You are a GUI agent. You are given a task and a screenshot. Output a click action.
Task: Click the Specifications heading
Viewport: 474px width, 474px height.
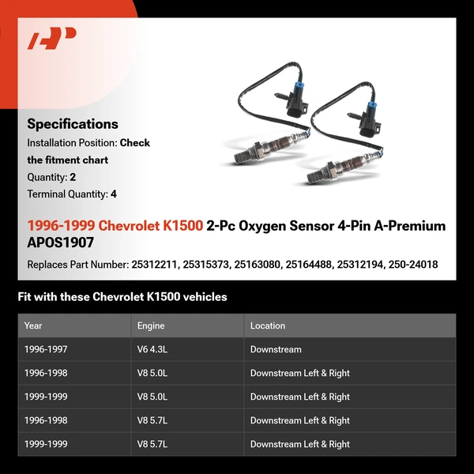(73, 124)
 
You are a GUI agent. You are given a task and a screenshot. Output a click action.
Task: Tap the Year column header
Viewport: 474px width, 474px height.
(33, 325)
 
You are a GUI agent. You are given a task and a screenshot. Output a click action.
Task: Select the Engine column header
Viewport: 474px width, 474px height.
(151, 325)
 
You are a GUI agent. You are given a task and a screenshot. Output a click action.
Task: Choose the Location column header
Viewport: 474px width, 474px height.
(268, 325)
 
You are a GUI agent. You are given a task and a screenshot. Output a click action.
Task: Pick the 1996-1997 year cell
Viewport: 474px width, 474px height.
(46, 349)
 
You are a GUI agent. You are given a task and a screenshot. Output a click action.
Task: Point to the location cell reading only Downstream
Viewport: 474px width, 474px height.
(276, 349)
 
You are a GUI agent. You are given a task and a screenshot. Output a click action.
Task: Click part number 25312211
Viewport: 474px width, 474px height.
(154, 265)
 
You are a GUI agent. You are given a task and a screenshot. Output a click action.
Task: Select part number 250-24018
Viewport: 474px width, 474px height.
(412, 265)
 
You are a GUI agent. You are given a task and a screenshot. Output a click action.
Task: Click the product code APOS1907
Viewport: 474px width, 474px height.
(60, 243)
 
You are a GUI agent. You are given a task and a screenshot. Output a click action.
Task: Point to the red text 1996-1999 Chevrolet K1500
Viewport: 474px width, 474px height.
(115, 226)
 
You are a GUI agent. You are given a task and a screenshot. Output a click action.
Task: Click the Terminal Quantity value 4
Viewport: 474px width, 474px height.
(114, 194)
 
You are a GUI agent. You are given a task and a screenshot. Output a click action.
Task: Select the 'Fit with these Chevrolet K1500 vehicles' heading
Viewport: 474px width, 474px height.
(122, 297)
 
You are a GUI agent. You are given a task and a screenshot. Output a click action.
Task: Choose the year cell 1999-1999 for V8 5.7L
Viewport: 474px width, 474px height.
(46, 444)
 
